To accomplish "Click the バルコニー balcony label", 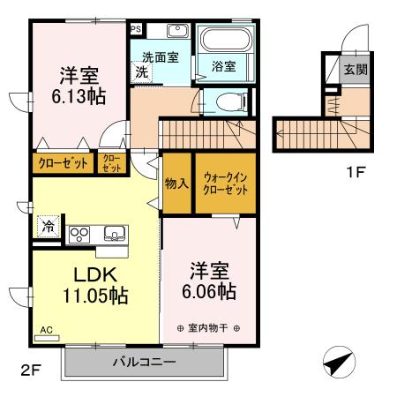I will click(x=143, y=363).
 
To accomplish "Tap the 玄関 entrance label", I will click(x=355, y=70).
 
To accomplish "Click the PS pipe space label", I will click(x=136, y=28).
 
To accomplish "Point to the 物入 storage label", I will click(x=176, y=183).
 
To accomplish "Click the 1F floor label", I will click(x=355, y=171).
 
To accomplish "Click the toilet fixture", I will click(x=228, y=102).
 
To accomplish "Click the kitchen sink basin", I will click(x=112, y=234).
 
